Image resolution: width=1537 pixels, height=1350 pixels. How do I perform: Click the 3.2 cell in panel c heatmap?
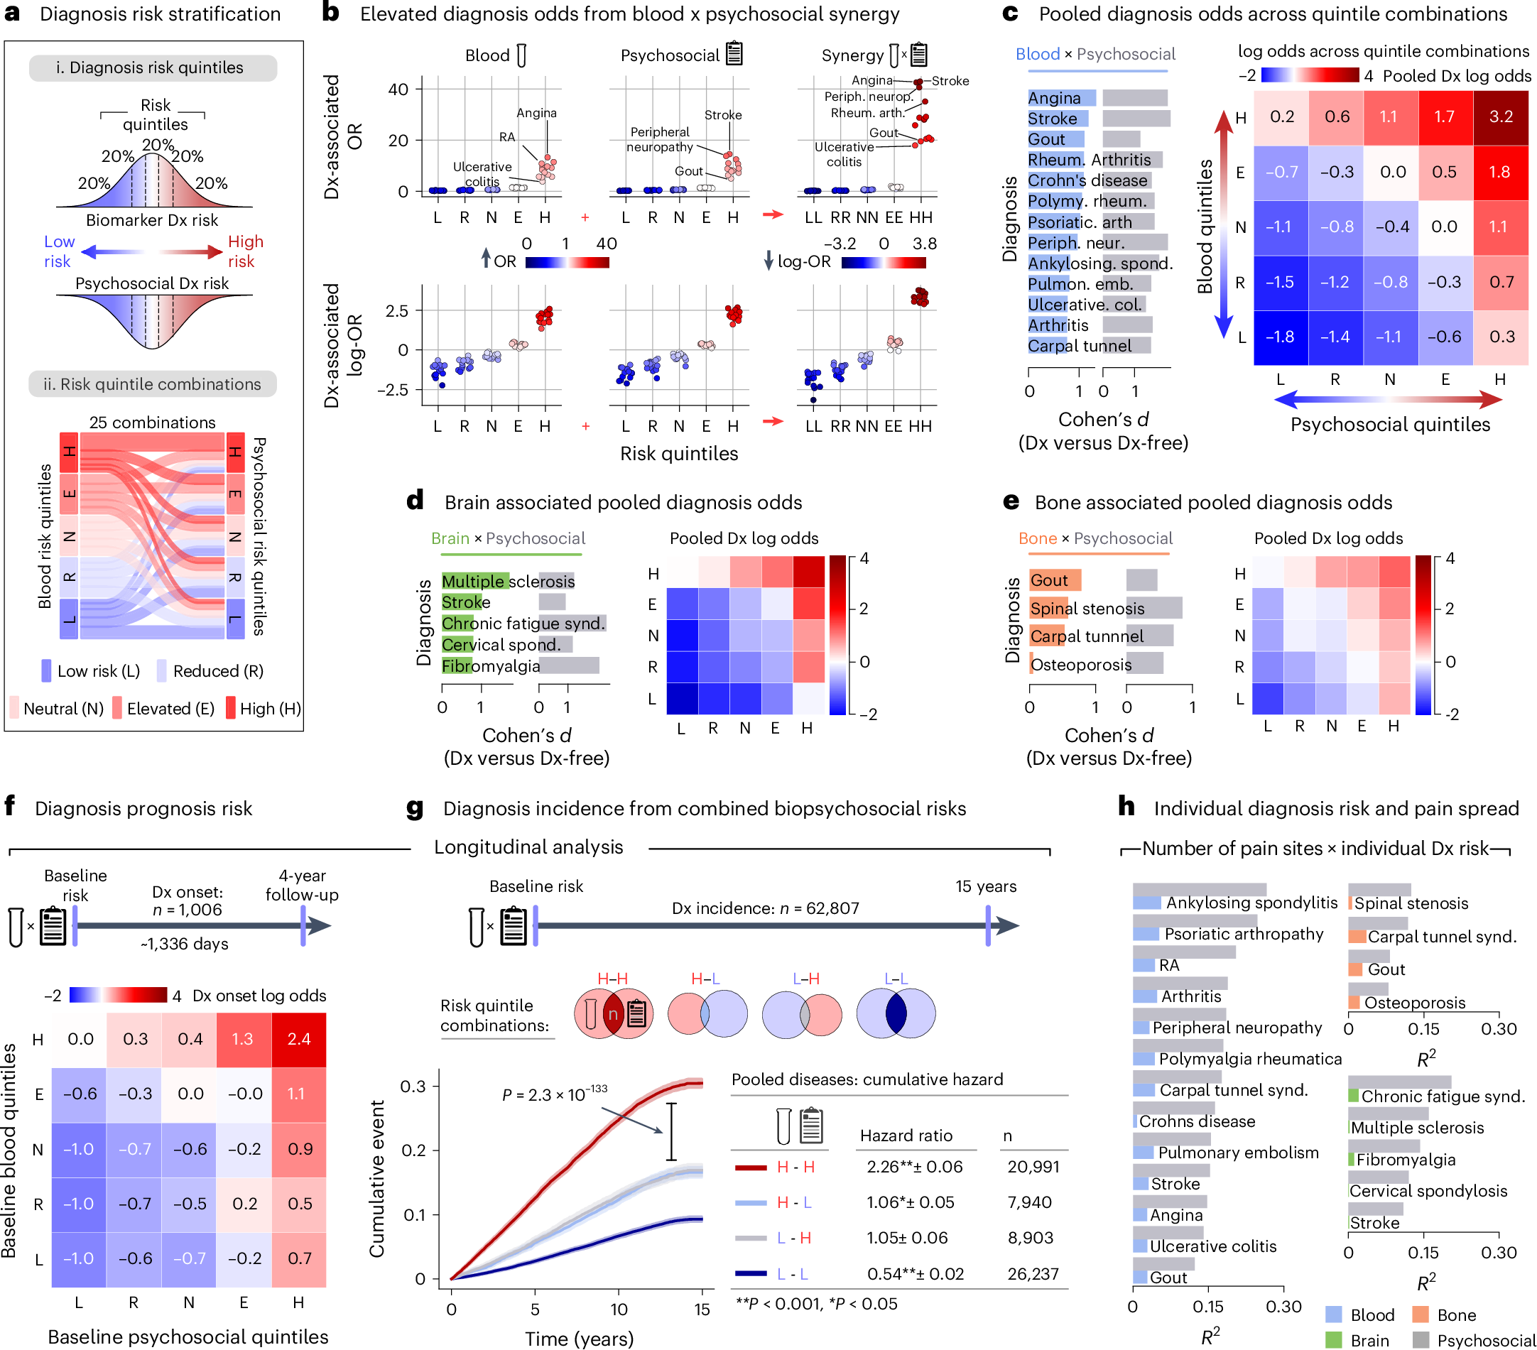[x=1500, y=116]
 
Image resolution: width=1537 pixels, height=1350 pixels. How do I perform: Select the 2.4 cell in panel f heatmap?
[x=298, y=1039]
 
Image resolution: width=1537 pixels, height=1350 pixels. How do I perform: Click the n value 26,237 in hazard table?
[x=1033, y=1274]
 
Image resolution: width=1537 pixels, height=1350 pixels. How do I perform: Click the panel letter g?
[x=414, y=808]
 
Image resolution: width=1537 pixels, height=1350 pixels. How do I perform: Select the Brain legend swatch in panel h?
[x=1333, y=1340]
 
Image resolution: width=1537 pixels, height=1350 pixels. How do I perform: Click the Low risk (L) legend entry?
[x=90, y=670]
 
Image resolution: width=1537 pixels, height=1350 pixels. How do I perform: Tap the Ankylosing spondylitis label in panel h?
[x=1251, y=903]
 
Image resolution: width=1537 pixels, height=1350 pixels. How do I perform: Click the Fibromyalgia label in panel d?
[x=490, y=666]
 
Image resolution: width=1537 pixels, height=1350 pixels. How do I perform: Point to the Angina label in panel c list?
[x=1053, y=99]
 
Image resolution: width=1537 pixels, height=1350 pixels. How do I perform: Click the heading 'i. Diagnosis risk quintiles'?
[x=150, y=67]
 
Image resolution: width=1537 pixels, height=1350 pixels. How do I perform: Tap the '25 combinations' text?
[x=152, y=423]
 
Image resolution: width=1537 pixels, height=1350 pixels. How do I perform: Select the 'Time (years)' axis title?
[x=578, y=1339]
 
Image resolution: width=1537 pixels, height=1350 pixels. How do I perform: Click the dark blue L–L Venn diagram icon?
[x=896, y=1013]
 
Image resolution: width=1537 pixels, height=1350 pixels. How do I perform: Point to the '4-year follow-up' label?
[x=302, y=885]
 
